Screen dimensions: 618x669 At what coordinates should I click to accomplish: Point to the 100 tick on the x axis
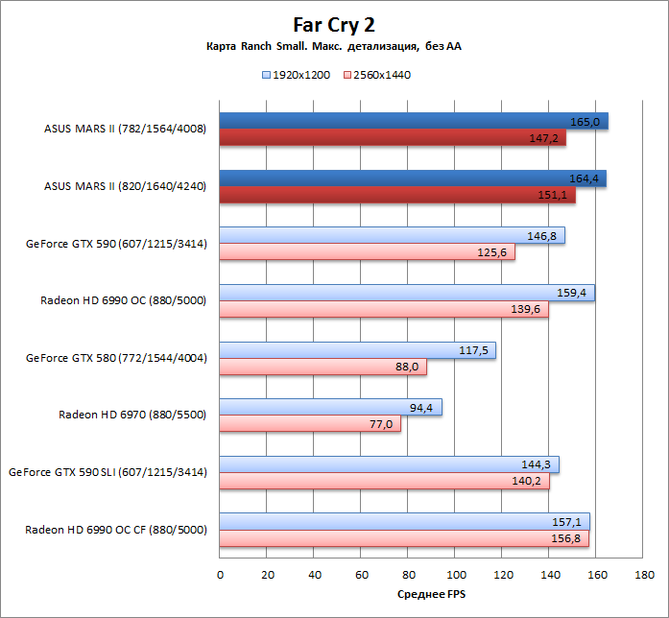pos(455,574)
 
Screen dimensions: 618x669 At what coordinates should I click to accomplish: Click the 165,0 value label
pos(585,122)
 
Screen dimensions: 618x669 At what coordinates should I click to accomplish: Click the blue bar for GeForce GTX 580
pos(357,350)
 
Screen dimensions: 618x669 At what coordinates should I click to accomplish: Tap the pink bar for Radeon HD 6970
pos(310,424)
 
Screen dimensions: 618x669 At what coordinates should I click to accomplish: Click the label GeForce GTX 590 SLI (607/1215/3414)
pos(108,472)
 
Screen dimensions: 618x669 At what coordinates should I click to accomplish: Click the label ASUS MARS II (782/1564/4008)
pos(125,129)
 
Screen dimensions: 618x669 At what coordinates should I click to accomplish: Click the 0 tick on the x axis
pos(220,574)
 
